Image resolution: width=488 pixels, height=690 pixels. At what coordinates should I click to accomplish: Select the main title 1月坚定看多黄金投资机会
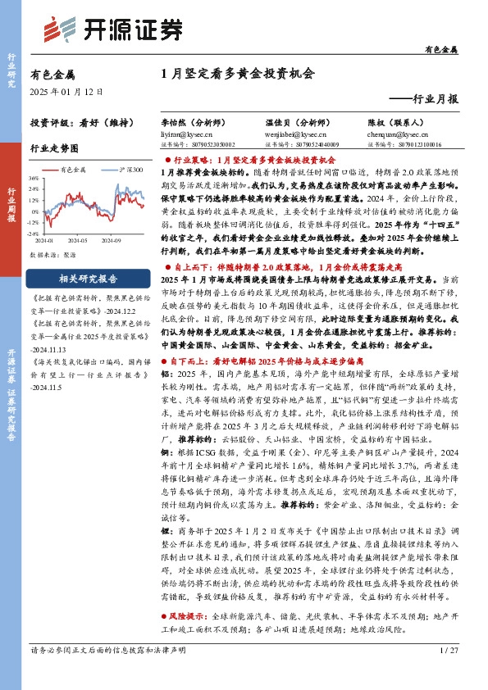(238, 74)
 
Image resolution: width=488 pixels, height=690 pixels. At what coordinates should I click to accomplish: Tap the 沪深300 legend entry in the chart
(126, 170)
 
